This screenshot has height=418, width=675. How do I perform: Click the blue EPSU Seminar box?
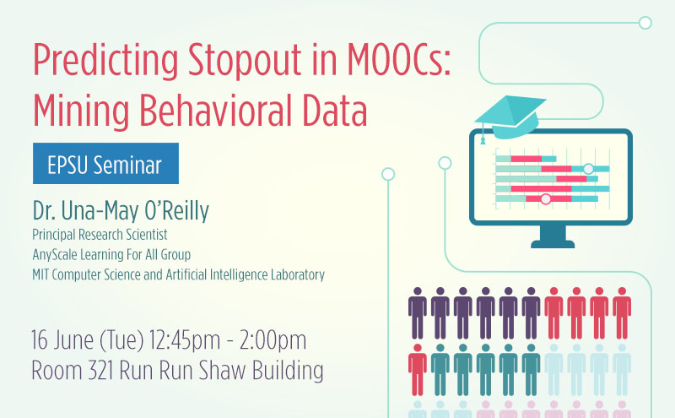(x=106, y=163)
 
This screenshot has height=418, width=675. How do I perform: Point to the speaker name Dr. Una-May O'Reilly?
(x=121, y=211)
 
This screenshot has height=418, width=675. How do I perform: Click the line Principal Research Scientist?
(x=100, y=235)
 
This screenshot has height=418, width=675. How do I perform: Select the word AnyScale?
(x=54, y=255)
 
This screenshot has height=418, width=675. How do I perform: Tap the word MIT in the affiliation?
(x=40, y=275)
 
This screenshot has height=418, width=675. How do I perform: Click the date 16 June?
(x=62, y=340)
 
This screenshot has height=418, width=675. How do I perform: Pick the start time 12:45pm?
(x=185, y=341)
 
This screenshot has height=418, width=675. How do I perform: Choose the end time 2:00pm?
(x=273, y=341)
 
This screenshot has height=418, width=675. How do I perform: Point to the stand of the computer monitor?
(x=553, y=237)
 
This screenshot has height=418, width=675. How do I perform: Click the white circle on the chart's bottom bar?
(x=546, y=199)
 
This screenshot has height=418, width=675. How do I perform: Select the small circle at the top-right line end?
(x=645, y=23)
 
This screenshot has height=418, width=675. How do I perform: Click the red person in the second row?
(x=417, y=370)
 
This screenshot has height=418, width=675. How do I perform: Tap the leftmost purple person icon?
(x=417, y=313)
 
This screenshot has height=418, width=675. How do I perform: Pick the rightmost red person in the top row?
(x=622, y=313)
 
